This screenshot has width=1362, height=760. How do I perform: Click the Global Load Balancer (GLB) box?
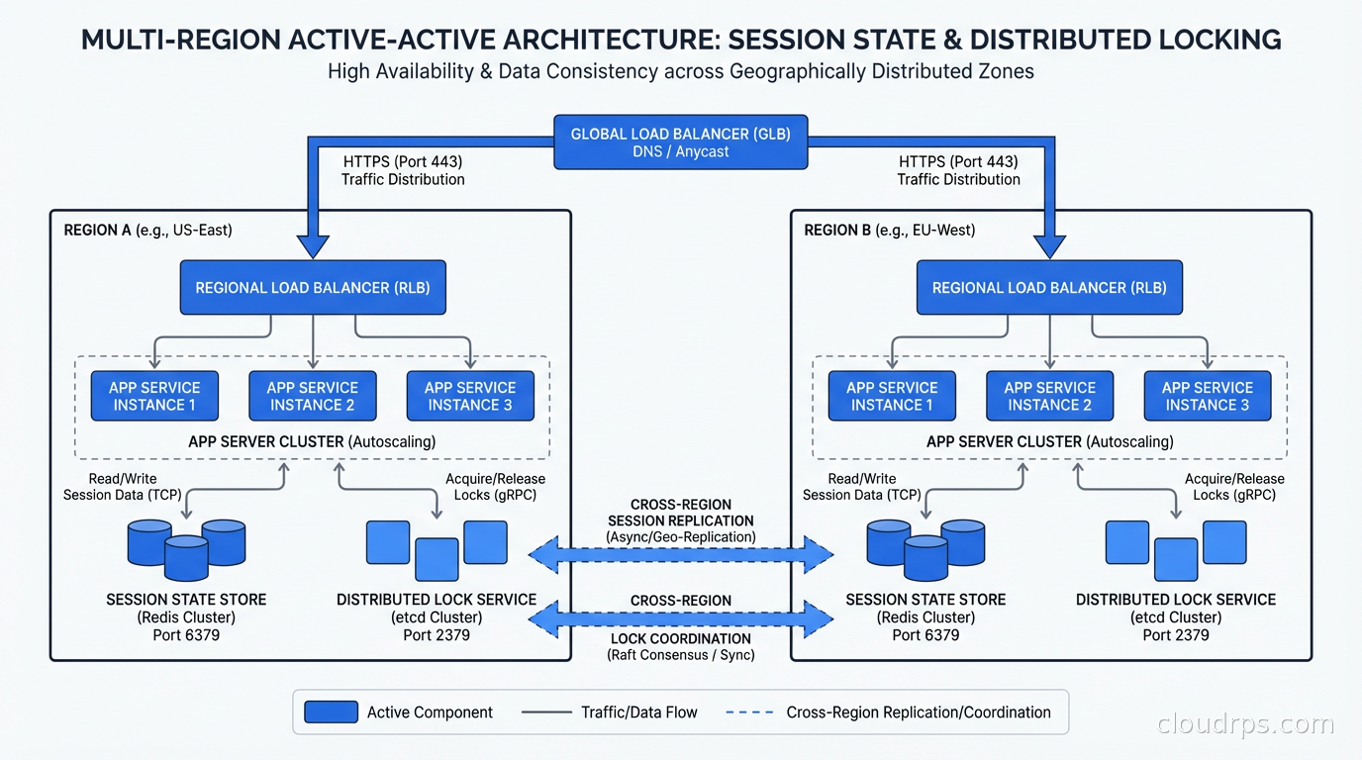coord(680,142)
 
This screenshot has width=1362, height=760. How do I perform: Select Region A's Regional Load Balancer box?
coord(313,288)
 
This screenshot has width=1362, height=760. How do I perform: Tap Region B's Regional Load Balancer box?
coord(1049,288)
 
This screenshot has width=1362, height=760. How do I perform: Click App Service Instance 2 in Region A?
coord(313,396)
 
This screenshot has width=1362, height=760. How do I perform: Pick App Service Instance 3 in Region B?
coord(1208,396)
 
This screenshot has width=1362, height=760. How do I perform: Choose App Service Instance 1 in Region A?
coord(154,396)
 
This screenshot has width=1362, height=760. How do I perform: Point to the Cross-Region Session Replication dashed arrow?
coord(681,555)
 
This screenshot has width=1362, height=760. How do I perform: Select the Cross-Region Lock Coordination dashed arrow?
coord(681,620)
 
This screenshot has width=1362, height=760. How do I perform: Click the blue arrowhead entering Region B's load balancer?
coord(1049,244)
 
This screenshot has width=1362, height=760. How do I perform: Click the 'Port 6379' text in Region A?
coord(186,635)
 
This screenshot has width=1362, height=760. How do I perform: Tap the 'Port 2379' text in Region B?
coord(1176,635)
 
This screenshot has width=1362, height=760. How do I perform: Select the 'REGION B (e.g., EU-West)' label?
coord(889,231)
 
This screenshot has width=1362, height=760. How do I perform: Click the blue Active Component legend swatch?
coord(331,712)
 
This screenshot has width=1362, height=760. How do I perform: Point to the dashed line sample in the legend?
coord(748,712)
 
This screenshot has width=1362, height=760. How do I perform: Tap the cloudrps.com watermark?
coord(1245,724)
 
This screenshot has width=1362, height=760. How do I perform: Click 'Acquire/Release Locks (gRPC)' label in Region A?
coord(495,487)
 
